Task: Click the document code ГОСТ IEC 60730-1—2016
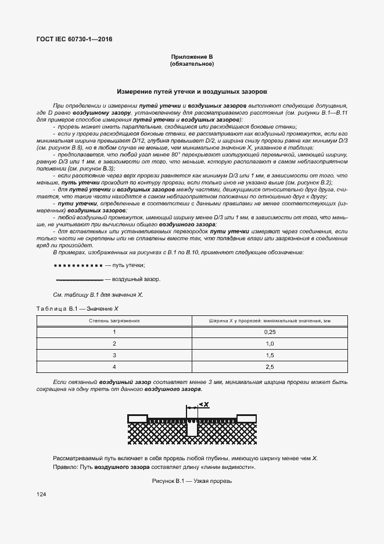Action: tap(75, 39)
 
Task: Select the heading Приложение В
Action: tap(192, 56)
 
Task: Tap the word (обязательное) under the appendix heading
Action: tap(192, 63)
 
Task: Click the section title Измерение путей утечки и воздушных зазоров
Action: tap(192, 92)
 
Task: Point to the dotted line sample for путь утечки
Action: tap(77, 265)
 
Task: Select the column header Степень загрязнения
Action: tap(114, 321)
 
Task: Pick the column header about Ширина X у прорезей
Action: tap(269, 321)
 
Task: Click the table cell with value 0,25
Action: tap(269, 332)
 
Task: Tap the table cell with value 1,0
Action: tap(269, 343)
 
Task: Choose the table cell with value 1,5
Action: tap(269, 355)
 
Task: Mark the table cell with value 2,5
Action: tap(269, 367)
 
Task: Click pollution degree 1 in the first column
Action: tap(114, 332)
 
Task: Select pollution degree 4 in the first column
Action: tap(114, 367)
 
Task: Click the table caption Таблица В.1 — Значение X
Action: tap(77, 308)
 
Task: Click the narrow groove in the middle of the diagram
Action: tap(192, 428)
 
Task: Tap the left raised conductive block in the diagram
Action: tap(138, 417)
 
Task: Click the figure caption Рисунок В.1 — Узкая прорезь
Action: tap(192, 481)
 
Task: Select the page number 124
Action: tap(41, 494)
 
